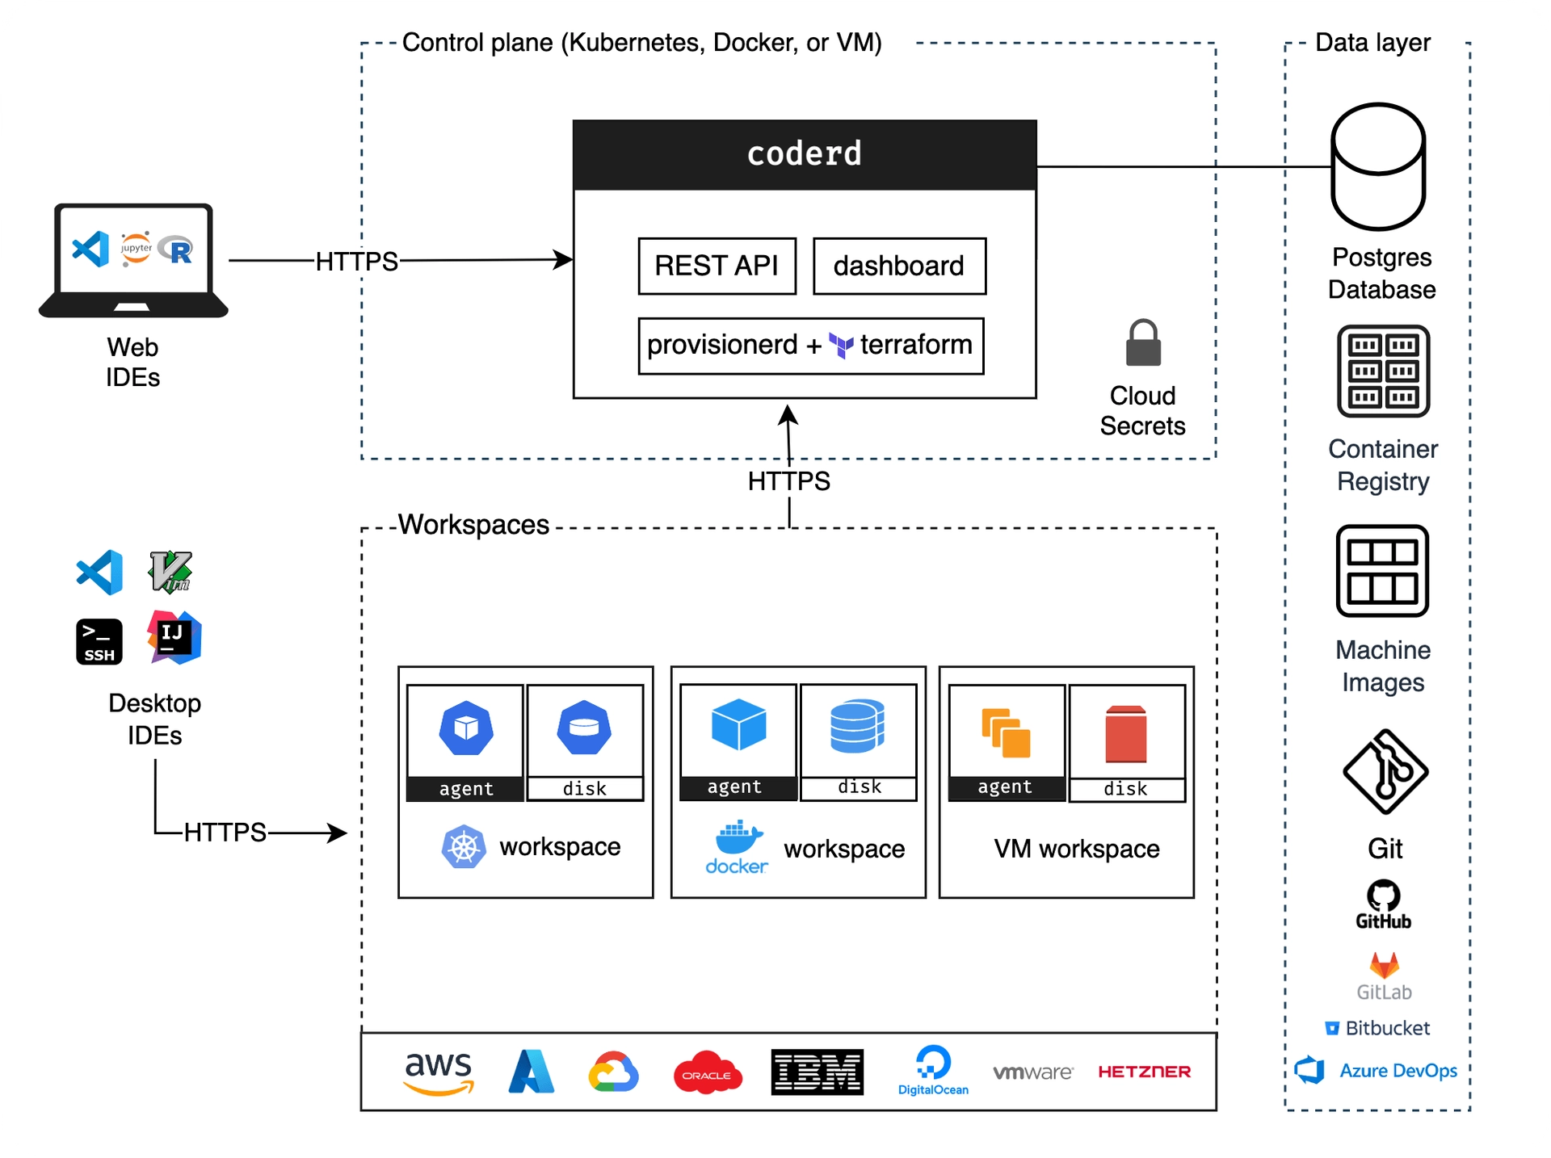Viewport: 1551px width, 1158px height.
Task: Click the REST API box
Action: pos(717,266)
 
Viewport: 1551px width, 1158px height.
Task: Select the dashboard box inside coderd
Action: pos(899,266)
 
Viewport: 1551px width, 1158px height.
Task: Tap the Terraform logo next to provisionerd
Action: pos(841,346)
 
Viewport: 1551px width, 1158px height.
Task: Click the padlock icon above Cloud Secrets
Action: pos(1143,343)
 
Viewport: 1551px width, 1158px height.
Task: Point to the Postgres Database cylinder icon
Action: pos(1378,166)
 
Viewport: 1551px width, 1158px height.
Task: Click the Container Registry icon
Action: pos(1383,371)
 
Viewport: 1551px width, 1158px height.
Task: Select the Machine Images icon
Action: pos(1382,571)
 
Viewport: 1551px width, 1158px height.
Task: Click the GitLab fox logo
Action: pos(1384,966)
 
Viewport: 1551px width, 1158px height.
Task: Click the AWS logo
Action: pos(439,1072)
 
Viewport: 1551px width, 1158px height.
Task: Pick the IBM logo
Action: pos(817,1072)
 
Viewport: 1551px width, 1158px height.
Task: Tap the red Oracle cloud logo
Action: pos(708,1072)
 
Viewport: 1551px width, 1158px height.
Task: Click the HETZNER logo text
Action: pos(1144,1072)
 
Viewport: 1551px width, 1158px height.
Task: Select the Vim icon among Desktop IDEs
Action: pos(170,572)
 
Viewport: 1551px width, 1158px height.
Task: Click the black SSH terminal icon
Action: pos(99,642)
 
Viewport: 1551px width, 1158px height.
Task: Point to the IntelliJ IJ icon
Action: pos(174,638)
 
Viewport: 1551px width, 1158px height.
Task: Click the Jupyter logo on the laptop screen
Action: pos(136,249)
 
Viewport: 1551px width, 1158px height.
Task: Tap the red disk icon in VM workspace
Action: pos(1125,734)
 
